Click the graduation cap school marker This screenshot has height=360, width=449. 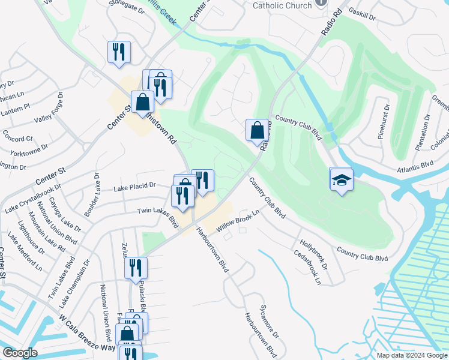341,180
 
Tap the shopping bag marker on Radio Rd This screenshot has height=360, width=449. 257,130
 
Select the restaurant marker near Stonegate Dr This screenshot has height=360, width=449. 119,52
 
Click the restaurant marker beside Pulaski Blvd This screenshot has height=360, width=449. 136,268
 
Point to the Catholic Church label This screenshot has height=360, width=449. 282,5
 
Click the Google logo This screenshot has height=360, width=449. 20,352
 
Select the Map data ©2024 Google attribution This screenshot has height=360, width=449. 411,355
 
